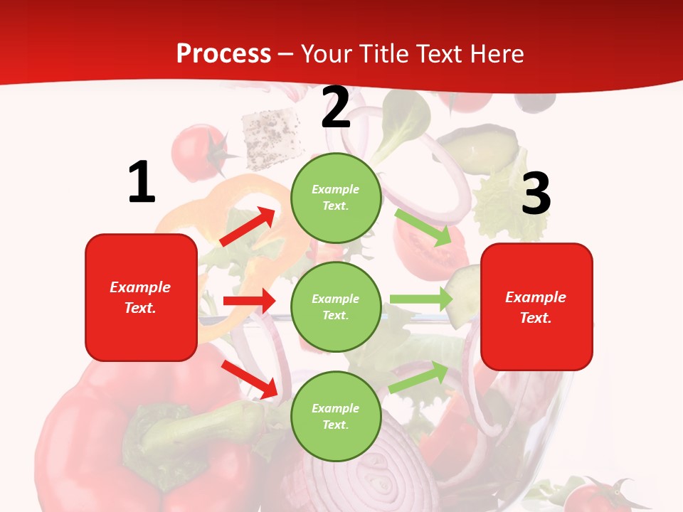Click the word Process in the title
pyautogui.click(x=223, y=54)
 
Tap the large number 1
pyautogui.click(x=142, y=183)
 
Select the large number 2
pyautogui.click(x=336, y=108)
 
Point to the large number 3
pyautogui.click(x=536, y=193)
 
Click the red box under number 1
pyautogui.click(x=141, y=297)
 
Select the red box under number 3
pyautogui.click(x=536, y=306)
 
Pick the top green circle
pyautogui.click(x=336, y=198)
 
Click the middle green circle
pyautogui.click(x=336, y=306)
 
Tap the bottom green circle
pyautogui.click(x=336, y=416)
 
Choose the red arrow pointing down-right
pyautogui.click(x=250, y=379)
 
